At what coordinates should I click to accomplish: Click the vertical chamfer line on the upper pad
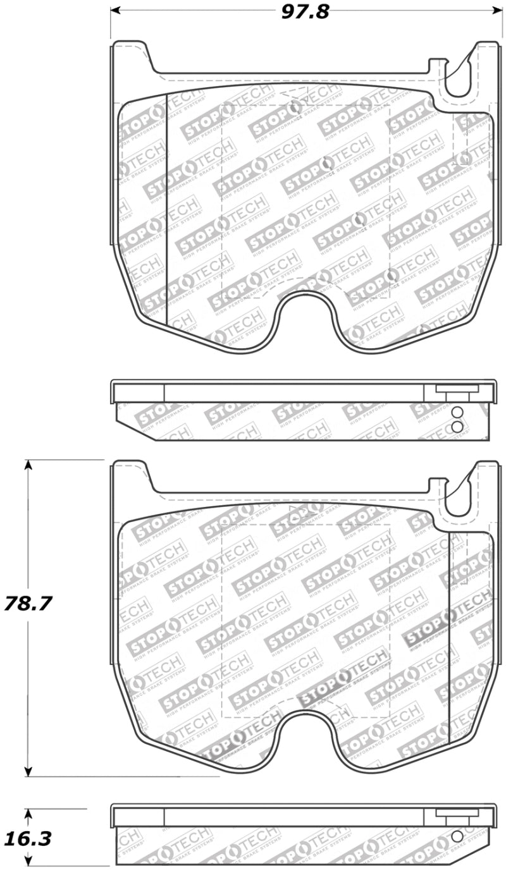click(x=166, y=209)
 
